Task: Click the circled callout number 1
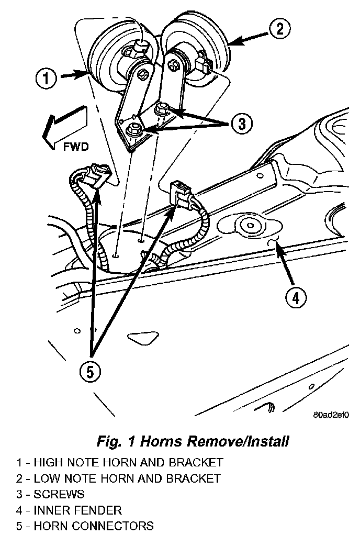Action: [46, 79]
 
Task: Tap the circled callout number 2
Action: [280, 29]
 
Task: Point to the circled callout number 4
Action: [296, 298]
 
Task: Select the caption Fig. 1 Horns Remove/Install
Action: [193, 441]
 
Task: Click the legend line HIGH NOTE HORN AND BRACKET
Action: [120, 463]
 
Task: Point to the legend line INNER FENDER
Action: [69, 510]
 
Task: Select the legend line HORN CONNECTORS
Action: [85, 526]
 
